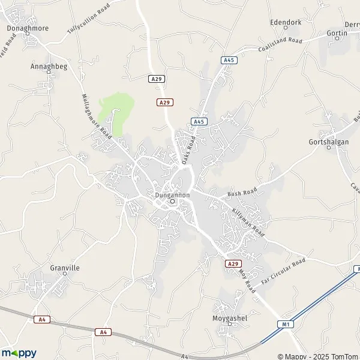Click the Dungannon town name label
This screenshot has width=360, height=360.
click(x=172, y=195)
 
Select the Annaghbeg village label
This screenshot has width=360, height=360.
click(x=49, y=67)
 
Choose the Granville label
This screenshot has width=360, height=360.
click(x=65, y=268)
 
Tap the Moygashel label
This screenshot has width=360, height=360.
click(x=230, y=317)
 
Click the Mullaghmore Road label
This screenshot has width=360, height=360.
click(x=97, y=116)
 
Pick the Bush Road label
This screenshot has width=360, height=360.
click(x=242, y=193)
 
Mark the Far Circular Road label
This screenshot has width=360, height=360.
click(x=283, y=271)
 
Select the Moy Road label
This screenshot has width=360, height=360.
click(x=247, y=281)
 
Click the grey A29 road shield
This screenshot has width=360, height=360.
click(x=156, y=79)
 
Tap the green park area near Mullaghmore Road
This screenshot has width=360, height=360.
click(x=114, y=111)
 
